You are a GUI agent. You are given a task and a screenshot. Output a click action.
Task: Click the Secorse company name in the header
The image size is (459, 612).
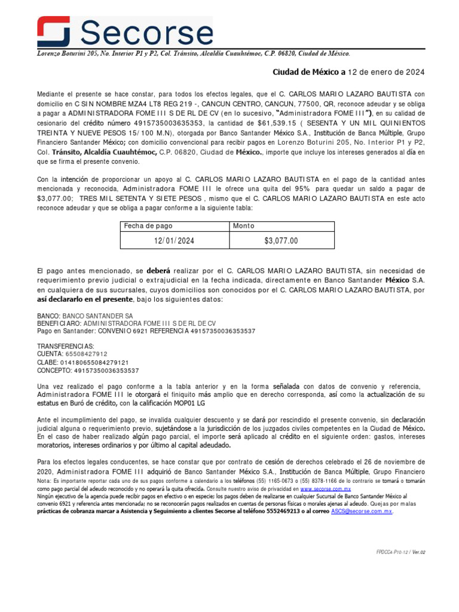146,32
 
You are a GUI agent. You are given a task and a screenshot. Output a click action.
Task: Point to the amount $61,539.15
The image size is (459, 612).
297,123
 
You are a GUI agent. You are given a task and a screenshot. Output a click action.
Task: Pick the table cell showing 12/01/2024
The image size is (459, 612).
174,240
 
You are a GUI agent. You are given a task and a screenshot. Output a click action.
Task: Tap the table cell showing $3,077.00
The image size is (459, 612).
281,240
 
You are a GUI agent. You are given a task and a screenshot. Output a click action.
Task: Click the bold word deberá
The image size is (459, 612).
158,271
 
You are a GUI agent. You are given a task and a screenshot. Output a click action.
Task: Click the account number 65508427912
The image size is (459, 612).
82,354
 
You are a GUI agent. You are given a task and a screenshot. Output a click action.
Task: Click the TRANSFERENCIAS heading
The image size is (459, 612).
65,346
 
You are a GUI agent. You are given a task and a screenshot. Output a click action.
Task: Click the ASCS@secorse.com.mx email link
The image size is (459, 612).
362,512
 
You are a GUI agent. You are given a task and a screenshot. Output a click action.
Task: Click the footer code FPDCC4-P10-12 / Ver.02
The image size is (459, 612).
396,553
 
